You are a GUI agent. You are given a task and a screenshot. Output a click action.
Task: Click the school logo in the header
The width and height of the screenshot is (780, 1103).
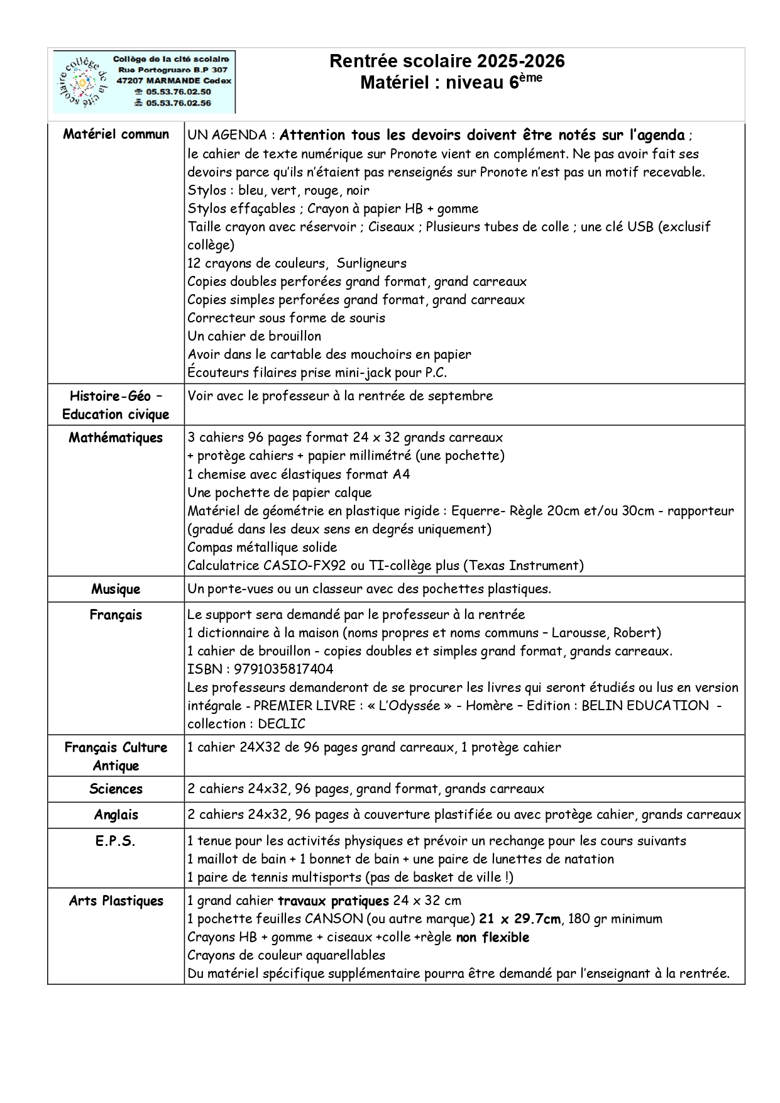coord(82,82)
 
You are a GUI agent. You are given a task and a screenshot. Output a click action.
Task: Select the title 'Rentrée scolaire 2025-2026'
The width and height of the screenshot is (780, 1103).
coord(447,61)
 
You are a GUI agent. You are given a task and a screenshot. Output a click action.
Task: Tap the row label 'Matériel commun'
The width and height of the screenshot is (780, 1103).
coord(116,134)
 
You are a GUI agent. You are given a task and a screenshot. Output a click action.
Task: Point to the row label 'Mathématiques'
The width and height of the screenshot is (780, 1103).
coord(116,437)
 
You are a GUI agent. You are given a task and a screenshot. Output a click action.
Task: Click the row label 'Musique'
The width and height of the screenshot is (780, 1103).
coord(116,589)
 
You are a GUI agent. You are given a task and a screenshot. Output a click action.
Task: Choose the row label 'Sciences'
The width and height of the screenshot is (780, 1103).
coord(116,789)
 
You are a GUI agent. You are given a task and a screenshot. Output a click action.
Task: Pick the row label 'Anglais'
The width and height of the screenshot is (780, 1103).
coord(116,815)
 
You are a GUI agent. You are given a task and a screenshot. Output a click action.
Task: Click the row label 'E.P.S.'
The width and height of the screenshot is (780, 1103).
coord(116,841)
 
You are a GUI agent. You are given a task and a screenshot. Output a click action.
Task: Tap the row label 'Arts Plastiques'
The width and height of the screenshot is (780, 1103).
coord(116,901)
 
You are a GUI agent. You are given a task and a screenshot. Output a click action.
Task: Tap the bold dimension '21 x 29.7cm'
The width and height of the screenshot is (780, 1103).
coord(519,919)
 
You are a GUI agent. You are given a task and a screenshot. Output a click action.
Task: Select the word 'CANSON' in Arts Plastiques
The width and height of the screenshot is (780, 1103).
coord(333,919)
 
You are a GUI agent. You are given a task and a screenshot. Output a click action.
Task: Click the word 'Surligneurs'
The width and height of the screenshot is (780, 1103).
coord(371,263)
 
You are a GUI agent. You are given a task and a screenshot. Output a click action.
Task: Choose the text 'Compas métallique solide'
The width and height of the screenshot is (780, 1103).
coord(262,547)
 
